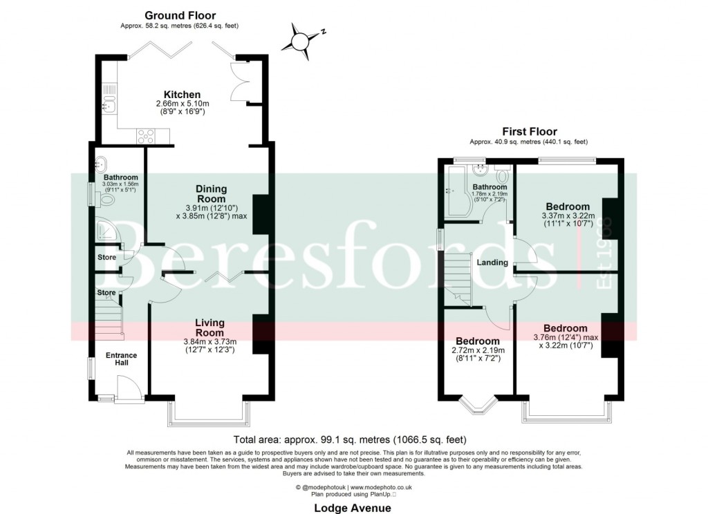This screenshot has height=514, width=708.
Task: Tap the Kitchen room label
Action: (182, 95)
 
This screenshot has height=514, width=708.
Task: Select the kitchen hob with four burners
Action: (147, 136)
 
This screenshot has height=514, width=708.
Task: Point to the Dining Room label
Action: (211, 193)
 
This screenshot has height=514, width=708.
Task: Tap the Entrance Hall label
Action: (121, 360)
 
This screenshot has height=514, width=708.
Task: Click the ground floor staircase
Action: (109, 321)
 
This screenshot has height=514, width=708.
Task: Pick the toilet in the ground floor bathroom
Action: (107, 200)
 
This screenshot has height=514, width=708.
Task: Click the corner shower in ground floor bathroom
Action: (108, 231)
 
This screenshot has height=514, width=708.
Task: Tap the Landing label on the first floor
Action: (492, 263)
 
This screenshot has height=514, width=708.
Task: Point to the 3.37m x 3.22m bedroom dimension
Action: (567, 221)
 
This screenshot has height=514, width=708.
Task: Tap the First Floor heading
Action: (528, 131)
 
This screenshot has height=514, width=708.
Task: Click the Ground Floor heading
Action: (179, 15)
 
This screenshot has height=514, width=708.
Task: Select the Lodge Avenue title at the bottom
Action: (352, 508)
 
